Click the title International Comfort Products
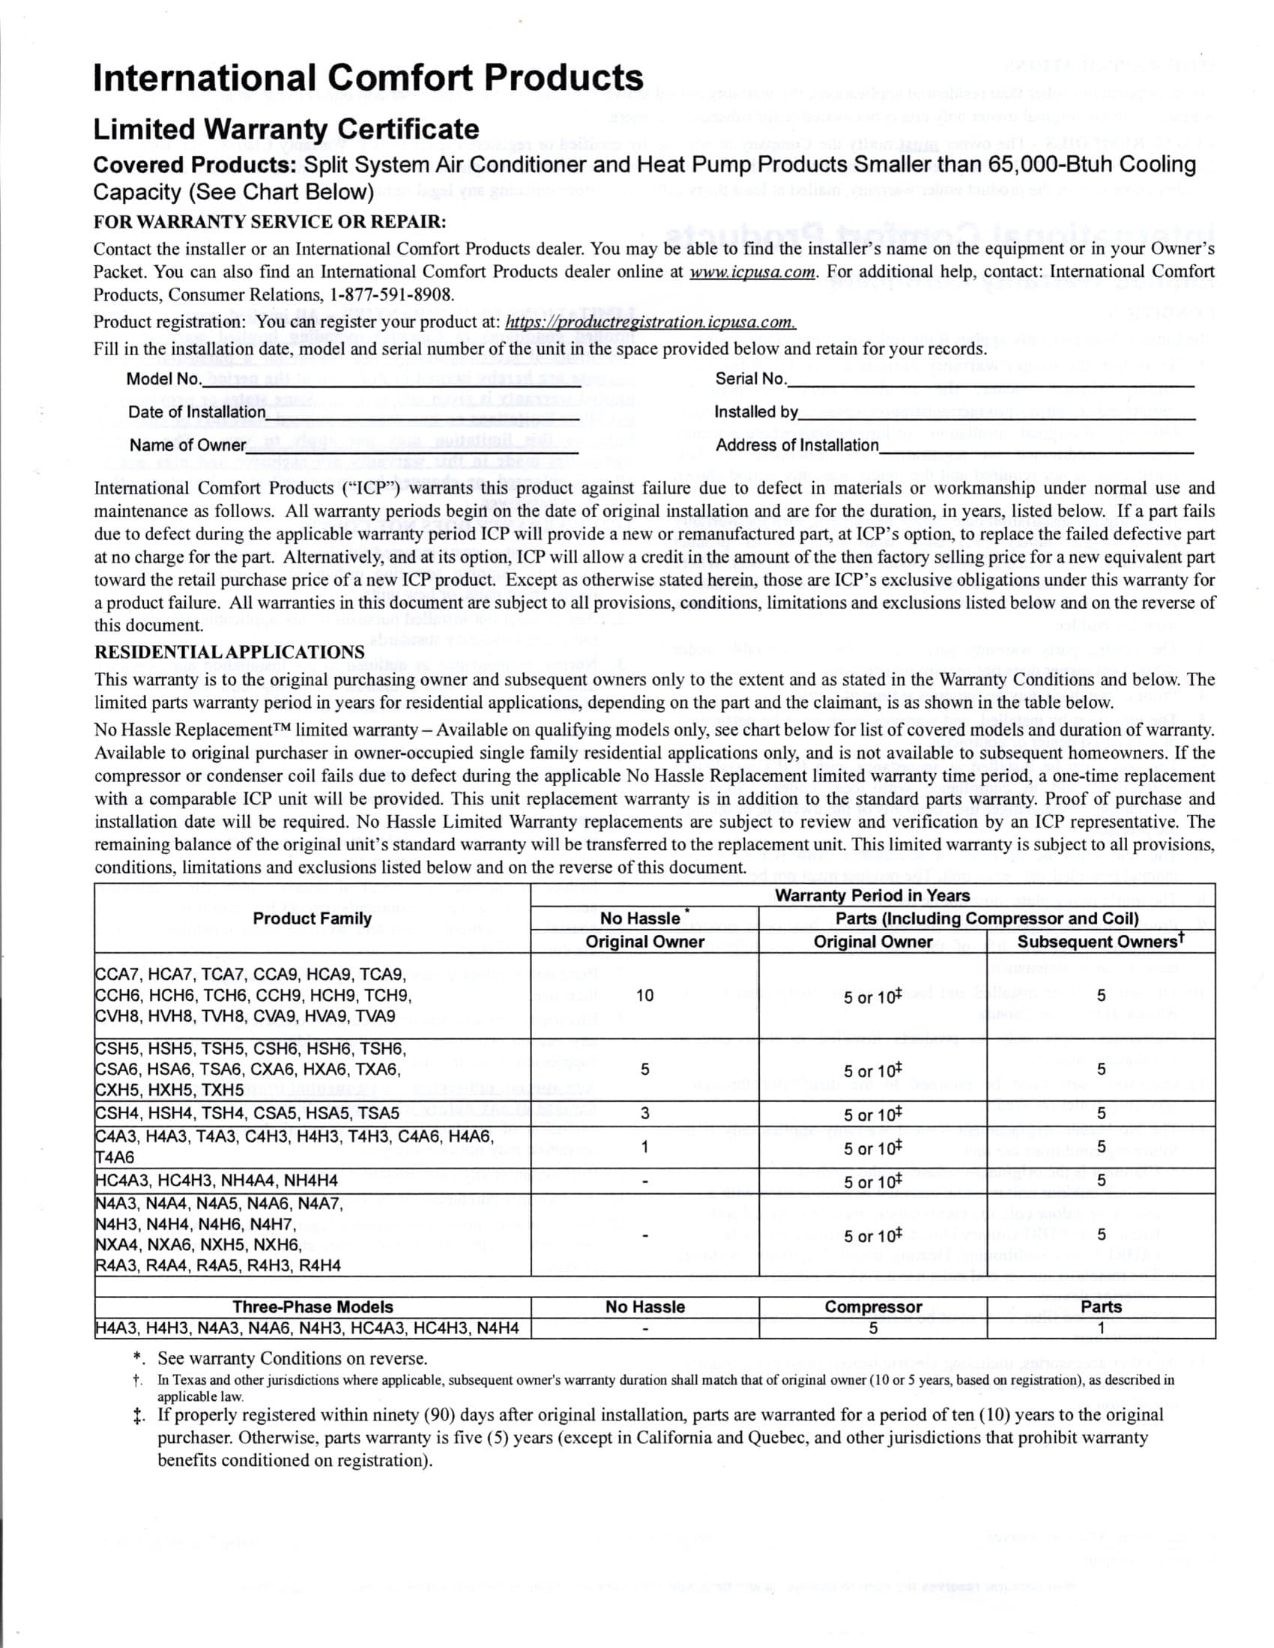click(x=367, y=79)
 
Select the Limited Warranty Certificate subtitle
click(x=286, y=129)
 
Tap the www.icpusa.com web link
click(x=752, y=272)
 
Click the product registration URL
click(x=650, y=322)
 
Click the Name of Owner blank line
click(x=412, y=449)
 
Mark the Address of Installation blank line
click(x=1036, y=449)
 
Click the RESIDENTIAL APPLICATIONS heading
click(x=229, y=652)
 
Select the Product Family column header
click(x=312, y=918)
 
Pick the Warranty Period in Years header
click(x=872, y=896)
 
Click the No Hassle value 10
click(x=644, y=996)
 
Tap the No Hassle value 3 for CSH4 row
click(x=644, y=1113)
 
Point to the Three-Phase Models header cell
click(x=312, y=1307)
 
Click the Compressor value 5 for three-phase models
click(x=872, y=1328)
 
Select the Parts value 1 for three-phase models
click(x=1100, y=1328)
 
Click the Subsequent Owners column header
click(x=1100, y=942)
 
